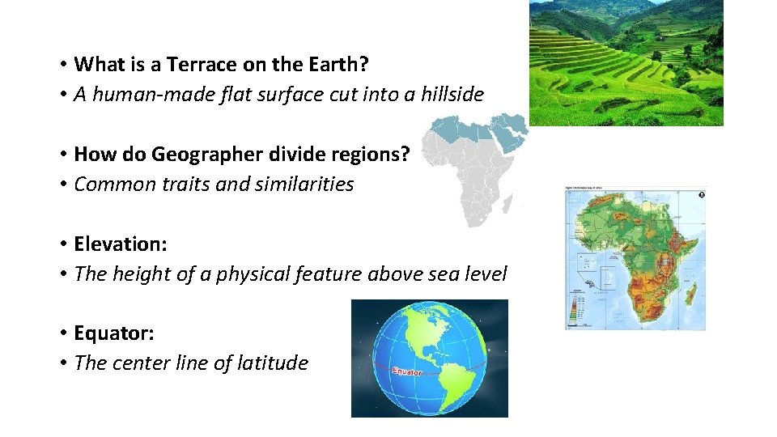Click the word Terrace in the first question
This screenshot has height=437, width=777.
click(x=200, y=64)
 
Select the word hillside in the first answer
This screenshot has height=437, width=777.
click(x=449, y=95)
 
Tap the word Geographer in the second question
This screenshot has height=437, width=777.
click(x=202, y=154)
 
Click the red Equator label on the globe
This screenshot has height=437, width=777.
click(x=407, y=371)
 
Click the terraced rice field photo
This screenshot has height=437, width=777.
click(x=626, y=62)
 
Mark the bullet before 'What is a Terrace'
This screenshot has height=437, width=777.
click(x=62, y=65)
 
